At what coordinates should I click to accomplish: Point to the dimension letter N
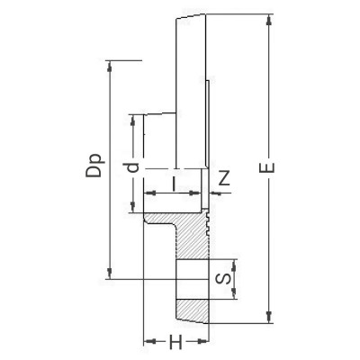pos(224,177)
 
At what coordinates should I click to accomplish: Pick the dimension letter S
pos(224,279)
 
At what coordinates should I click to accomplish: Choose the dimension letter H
pos(175,342)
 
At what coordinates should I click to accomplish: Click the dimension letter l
pos(174,184)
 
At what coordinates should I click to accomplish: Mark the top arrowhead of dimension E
pos(269,18)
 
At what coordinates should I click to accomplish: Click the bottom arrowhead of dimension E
pos(269,318)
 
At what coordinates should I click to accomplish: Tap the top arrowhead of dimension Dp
pos(110,66)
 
